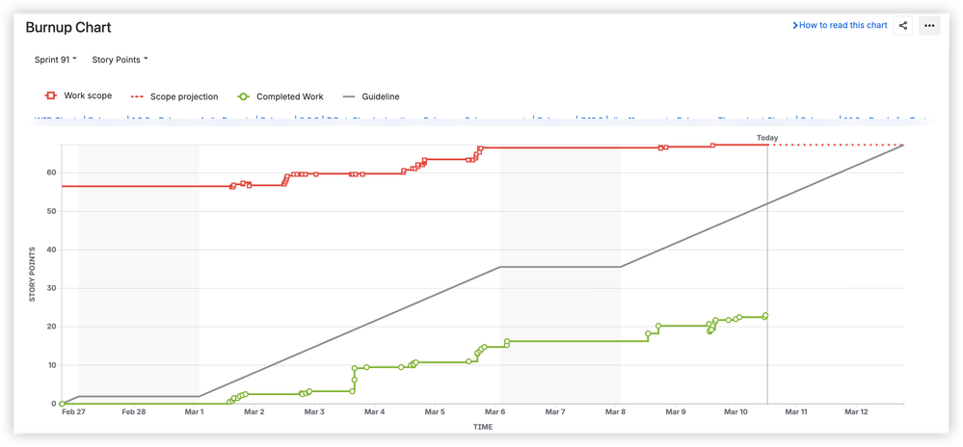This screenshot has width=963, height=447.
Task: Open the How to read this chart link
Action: (x=840, y=25)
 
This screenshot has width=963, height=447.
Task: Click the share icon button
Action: (x=903, y=26)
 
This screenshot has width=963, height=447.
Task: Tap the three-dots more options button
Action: (x=929, y=26)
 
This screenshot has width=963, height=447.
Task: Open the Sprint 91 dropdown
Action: (x=56, y=60)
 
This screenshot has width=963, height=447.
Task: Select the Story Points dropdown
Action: (x=120, y=60)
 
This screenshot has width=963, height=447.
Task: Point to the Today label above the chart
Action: (x=767, y=138)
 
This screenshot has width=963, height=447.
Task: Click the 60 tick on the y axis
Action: (x=50, y=172)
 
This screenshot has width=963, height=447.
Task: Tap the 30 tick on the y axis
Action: (x=50, y=288)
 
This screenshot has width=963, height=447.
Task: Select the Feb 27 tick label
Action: (x=73, y=412)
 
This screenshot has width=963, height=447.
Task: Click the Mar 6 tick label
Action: (x=495, y=412)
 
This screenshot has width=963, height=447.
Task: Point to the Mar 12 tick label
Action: (x=856, y=412)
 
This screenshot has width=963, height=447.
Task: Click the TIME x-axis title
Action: (x=482, y=426)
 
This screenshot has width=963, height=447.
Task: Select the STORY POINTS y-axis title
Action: (x=33, y=275)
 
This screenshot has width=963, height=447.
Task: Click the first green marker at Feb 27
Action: (x=62, y=404)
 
